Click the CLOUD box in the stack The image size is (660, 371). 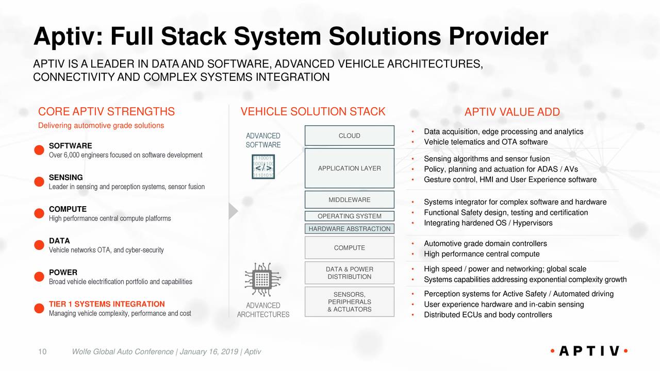point(349,136)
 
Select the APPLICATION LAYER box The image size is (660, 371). point(349,168)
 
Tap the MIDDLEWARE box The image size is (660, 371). point(349,200)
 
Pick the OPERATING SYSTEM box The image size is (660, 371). point(349,216)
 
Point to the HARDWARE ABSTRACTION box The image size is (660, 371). point(349,229)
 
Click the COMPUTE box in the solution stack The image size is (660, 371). point(349,248)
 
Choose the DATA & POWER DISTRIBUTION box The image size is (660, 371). point(349,273)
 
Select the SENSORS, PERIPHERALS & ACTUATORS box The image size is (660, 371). point(349,302)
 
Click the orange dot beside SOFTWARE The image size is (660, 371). point(38,150)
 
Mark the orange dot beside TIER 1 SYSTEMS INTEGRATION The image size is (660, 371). point(38,308)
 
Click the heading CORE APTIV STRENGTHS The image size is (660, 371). point(106,112)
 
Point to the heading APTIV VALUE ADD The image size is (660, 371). point(511,113)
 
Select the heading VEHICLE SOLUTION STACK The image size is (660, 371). point(313,112)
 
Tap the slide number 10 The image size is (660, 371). point(43,352)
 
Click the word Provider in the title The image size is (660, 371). point(498,37)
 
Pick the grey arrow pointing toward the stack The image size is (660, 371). point(233,211)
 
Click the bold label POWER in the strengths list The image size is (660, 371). point(63,273)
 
